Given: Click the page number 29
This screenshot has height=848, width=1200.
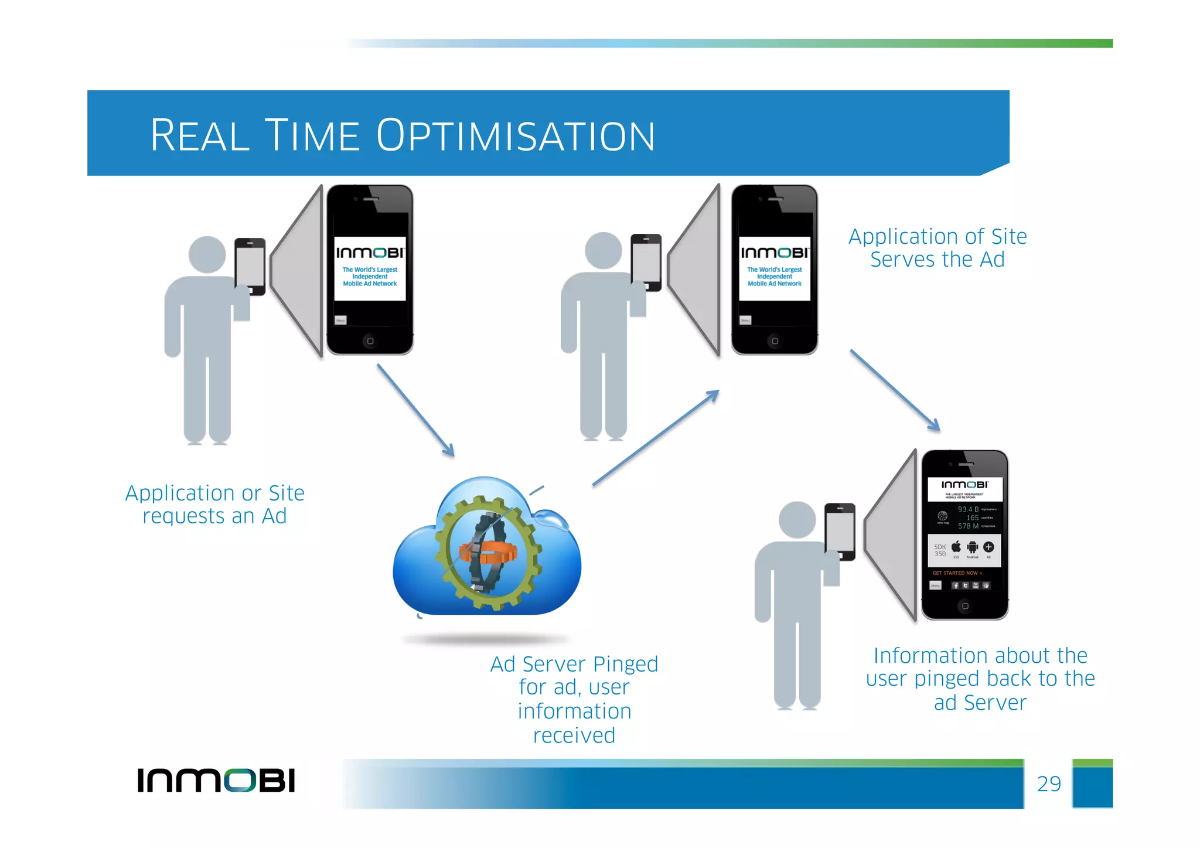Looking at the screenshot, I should pos(1048,784).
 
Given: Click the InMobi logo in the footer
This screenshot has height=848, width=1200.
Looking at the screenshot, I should pos(216,780).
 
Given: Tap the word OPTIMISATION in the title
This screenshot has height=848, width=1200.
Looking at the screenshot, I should pos(515,136).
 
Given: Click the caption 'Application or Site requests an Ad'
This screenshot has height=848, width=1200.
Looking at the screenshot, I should pos(215,505).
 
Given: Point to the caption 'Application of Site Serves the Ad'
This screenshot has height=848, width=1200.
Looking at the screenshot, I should pos(937,248).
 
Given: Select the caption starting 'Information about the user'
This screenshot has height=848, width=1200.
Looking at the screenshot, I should pos(980,679).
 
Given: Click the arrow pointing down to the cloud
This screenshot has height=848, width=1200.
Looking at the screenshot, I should pos(415,410).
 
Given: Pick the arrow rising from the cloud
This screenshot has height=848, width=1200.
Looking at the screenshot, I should pos(656,438).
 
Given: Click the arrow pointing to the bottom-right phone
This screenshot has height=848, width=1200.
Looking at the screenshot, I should pos(895,390).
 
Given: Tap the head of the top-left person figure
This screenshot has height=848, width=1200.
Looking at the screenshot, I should pos(207,255).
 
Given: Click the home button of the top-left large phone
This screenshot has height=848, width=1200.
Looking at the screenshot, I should pos(370,341).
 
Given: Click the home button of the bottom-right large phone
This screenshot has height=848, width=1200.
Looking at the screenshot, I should pos(965,606).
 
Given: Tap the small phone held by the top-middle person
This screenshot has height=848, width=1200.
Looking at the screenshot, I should pos(646,261).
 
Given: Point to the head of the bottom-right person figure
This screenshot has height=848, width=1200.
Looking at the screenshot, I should pos(797,519).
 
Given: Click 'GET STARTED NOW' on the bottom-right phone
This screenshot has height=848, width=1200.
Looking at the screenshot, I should pos(957,573).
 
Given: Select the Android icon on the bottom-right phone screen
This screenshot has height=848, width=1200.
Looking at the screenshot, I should pos(973,548).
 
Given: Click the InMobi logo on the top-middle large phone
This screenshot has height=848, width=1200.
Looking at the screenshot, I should pos(775,253).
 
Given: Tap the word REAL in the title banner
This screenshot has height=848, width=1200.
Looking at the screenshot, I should pos(200,136).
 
